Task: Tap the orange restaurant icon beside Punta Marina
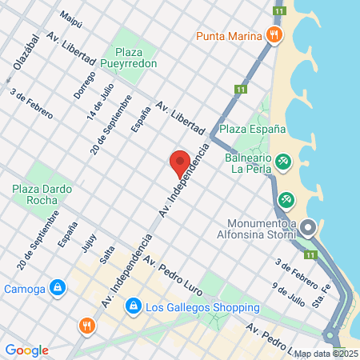pos(274,34)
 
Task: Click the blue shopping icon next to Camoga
pos(57,288)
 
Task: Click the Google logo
pos(26,350)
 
